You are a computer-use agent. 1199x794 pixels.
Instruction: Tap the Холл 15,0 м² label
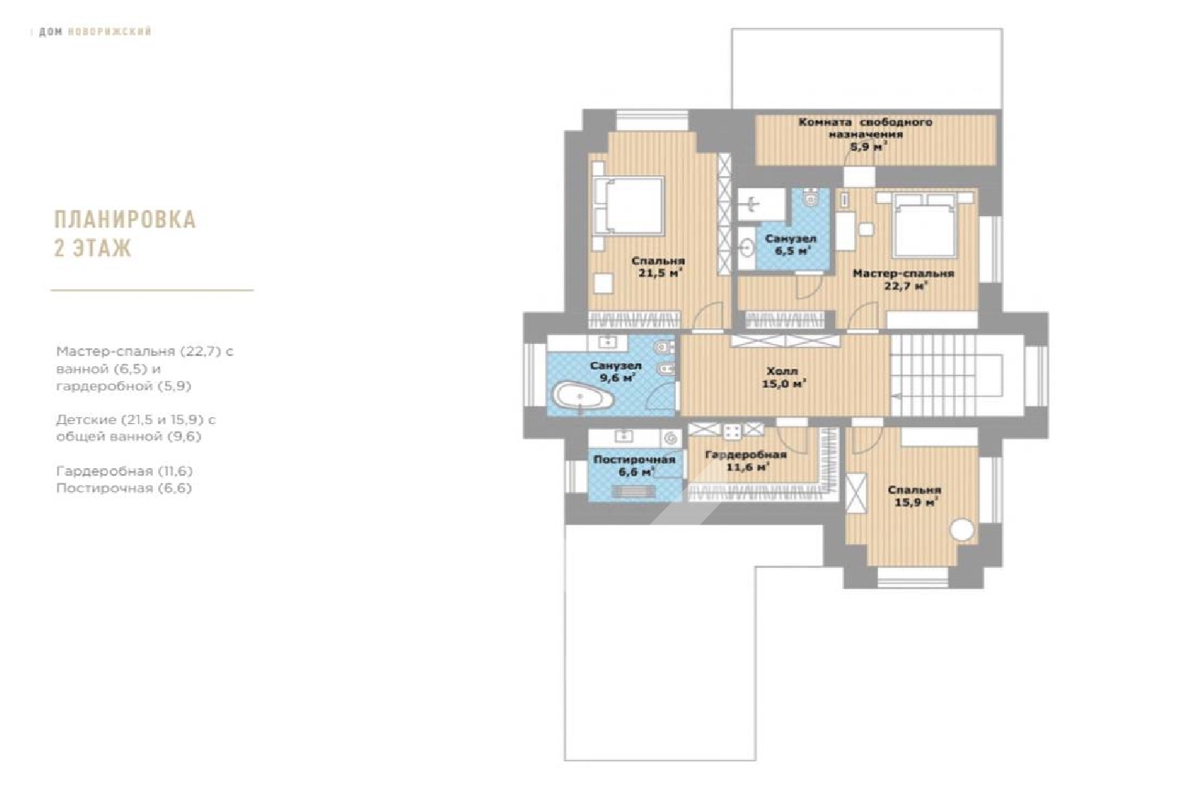[x=783, y=378]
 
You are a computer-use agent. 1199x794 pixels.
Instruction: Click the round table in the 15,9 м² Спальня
[x=962, y=530]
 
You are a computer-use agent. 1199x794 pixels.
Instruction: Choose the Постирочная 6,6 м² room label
[x=634, y=466]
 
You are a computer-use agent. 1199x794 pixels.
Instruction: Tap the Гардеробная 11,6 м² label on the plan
[x=746, y=461]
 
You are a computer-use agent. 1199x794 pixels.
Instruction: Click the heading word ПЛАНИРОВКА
[x=125, y=220]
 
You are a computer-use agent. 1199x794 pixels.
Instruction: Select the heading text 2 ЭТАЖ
[x=93, y=248]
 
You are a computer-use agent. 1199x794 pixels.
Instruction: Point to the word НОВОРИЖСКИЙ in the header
[x=109, y=31]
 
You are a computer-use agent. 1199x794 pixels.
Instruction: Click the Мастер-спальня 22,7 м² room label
[x=904, y=279]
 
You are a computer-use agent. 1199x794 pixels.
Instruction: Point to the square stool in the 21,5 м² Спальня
[x=603, y=283]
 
